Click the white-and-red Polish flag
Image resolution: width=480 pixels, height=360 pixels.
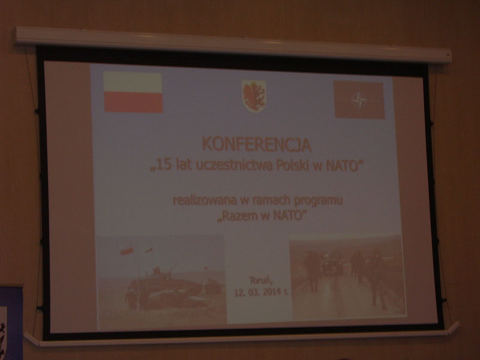(133, 92)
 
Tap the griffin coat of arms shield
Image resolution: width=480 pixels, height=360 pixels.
(254, 96)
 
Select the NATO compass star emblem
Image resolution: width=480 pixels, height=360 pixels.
(359, 100)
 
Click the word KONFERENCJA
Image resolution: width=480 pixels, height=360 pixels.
(257, 145)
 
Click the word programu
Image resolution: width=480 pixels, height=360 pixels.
(319, 201)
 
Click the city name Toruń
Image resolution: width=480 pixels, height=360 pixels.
(260, 280)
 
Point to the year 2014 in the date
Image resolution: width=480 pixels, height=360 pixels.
(271, 292)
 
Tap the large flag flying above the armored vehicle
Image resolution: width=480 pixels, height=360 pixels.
(127, 251)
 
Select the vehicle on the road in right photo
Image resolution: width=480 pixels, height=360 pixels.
(332, 263)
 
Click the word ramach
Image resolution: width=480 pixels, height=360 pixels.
(271, 200)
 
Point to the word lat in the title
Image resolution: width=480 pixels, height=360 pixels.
(182, 166)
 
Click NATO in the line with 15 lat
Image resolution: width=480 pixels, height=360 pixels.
(342, 166)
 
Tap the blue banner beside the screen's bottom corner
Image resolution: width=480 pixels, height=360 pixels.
(11, 323)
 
